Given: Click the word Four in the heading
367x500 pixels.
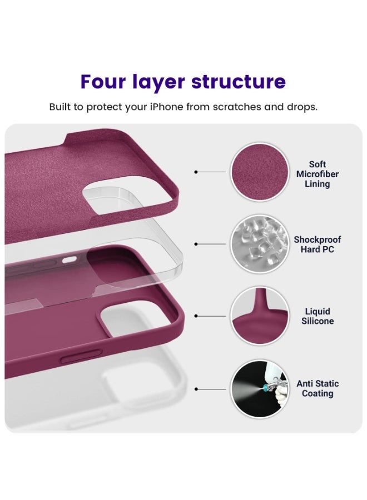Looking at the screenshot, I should [x=106, y=82].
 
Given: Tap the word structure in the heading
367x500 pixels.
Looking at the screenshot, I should [x=239, y=82].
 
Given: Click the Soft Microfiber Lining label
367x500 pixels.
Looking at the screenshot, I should [x=318, y=174].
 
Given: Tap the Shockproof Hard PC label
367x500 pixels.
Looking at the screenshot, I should [x=318, y=244].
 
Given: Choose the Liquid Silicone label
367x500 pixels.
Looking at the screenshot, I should [x=318, y=316].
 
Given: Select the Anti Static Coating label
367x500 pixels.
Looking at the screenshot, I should [x=318, y=388].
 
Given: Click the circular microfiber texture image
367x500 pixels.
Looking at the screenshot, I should [x=260, y=172].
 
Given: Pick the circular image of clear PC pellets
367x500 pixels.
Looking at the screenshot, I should [x=260, y=244].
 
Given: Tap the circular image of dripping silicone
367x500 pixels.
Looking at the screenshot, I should [x=260, y=316].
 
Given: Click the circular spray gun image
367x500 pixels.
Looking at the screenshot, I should [x=260, y=388].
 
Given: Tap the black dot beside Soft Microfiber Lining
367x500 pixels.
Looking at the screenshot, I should [x=196, y=172].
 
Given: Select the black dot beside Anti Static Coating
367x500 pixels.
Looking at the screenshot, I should [x=196, y=389].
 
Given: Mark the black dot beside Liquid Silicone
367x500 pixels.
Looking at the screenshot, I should [x=196, y=316].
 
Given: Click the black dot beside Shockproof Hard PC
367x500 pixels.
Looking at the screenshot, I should [x=196, y=244].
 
